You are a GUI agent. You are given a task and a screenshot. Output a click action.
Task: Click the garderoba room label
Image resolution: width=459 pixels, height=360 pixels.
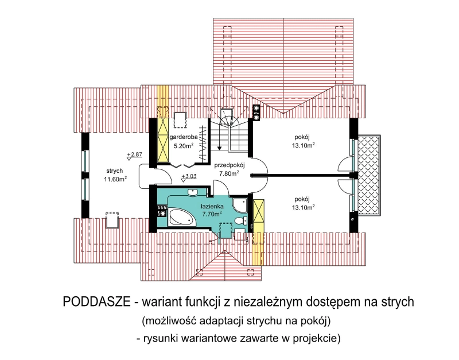(x=183, y=137)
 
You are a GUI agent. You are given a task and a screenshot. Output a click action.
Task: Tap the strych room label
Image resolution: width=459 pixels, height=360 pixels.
(x=114, y=171)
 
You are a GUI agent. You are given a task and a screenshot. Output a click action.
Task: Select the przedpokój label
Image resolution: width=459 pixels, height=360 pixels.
(x=229, y=165)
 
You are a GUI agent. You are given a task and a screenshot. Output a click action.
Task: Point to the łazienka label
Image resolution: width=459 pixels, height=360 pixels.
(x=212, y=206)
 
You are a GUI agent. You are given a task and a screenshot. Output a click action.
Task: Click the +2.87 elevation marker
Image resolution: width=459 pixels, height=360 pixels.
(x=134, y=155)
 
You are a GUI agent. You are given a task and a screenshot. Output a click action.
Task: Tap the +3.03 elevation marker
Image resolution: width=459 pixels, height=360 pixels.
(x=189, y=177)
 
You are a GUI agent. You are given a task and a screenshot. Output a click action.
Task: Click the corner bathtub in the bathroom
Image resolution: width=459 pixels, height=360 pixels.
(x=181, y=217)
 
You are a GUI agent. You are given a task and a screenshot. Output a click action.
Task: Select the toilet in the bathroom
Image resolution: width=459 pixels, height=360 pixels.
(x=241, y=220)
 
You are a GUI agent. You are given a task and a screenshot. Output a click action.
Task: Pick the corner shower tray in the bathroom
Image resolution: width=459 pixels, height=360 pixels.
(x=240, y=205)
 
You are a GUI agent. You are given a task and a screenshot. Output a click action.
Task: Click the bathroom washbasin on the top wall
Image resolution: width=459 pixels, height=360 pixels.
(x=193, y=192)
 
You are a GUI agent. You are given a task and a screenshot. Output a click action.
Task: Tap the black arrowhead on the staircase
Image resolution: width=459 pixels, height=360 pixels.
(x=220, y=148)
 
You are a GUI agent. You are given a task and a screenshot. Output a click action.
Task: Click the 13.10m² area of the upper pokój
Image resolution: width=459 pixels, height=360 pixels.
(x=304, y=145)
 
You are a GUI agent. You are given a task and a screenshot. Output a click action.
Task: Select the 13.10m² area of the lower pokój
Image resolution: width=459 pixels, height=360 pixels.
(x=304, y=207)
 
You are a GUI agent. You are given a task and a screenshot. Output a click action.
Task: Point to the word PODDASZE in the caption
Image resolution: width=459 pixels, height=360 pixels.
(x=96, y=302)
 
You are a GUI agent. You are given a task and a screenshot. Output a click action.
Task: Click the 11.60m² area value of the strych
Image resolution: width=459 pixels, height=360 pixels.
(x=115, y=179)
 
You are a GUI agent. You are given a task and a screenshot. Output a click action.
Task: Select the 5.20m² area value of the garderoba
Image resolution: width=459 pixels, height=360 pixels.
(x=184, y=145)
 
